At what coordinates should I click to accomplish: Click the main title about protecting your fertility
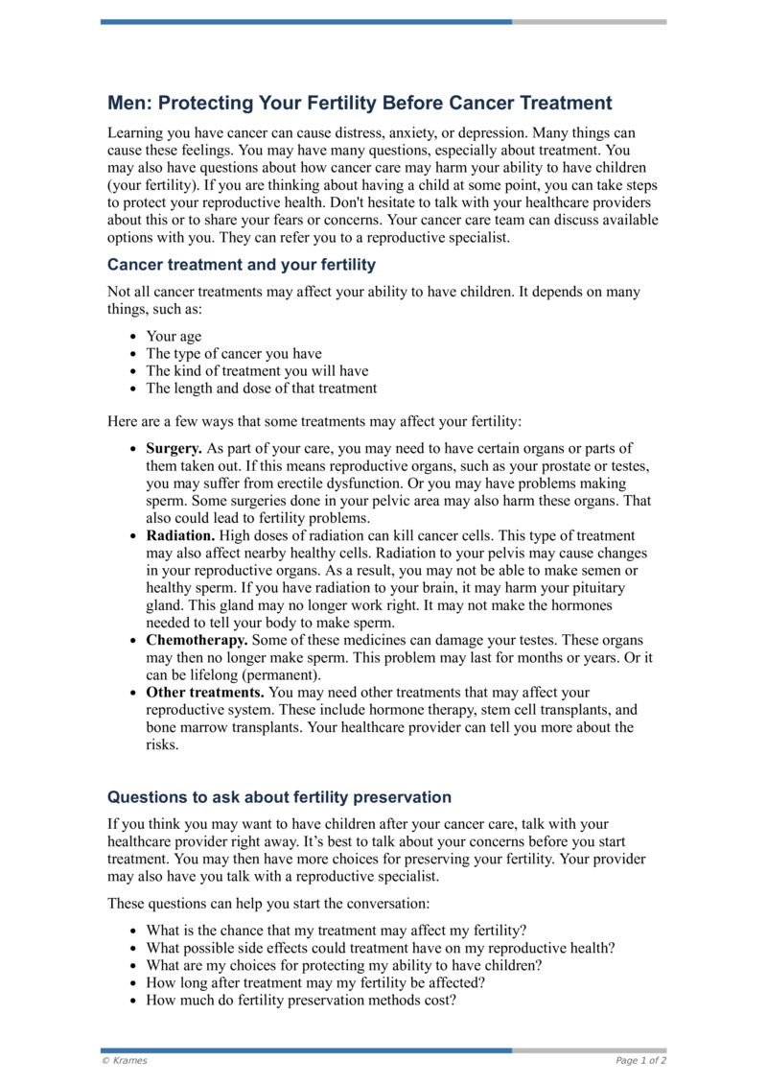359,103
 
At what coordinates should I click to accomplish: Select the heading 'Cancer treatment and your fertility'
241,264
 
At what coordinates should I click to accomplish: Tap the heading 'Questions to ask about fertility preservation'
279,797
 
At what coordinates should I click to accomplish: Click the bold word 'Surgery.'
174,448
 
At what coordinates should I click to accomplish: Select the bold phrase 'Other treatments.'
205,692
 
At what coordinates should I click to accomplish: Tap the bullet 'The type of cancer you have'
233,354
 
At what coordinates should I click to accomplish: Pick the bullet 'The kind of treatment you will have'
256,371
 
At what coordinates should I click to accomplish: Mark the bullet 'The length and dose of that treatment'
261,389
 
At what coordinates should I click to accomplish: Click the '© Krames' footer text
124,1060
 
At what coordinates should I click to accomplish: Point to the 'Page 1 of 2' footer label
640,1060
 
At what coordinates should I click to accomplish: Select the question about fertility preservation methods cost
300,1000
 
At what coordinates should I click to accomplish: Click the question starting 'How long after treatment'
314,982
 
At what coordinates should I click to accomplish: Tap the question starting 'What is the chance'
336,931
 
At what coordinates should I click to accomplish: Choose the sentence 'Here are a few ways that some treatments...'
314,421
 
